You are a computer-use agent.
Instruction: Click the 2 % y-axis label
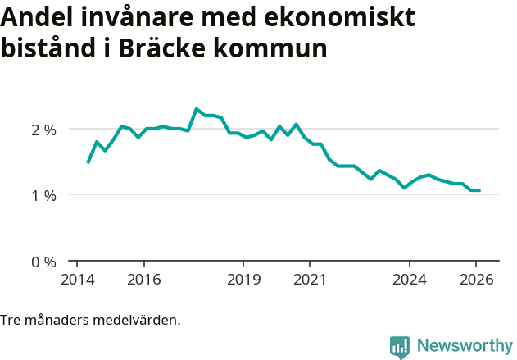click(x=43, y=130)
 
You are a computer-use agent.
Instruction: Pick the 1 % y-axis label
click(x=43, y=195)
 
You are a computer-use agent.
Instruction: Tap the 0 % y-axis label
click(x=43, y=262)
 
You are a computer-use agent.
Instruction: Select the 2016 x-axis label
click(x=143, y=280)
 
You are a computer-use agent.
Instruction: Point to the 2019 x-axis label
click(x=243, y=280)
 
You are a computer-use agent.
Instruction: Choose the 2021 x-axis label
click(x=310, y=280)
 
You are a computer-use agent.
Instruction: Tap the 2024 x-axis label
click(x=410, y=280)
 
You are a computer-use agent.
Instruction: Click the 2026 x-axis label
click(x=477, y=280)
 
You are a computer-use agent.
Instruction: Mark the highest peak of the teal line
click(x=197, y=108)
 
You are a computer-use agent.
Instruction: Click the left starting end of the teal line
click(x=88, y=162)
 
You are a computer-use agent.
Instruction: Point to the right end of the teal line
click(x=479, y=190)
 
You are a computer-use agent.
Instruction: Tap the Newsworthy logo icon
click(x=400, y=347)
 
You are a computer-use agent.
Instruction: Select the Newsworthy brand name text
click(x=465, y=346)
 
